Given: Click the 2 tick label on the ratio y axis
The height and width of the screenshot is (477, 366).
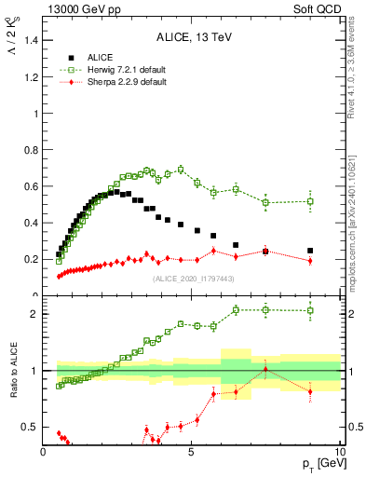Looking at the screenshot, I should click(34, 314).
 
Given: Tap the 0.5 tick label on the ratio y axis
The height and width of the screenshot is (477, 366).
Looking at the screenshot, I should click(30, 428).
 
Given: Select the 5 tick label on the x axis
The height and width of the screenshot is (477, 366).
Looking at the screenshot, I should click(191, 452).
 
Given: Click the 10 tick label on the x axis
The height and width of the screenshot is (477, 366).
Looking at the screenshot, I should click(339, 452).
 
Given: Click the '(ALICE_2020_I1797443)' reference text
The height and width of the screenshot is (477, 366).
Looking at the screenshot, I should click(192, 279).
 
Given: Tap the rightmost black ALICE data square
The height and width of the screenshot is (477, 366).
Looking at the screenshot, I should click(310, 251).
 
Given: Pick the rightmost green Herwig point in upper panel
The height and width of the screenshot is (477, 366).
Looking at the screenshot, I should click(310, 201).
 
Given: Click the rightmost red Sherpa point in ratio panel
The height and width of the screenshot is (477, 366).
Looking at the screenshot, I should click(310, 391).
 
